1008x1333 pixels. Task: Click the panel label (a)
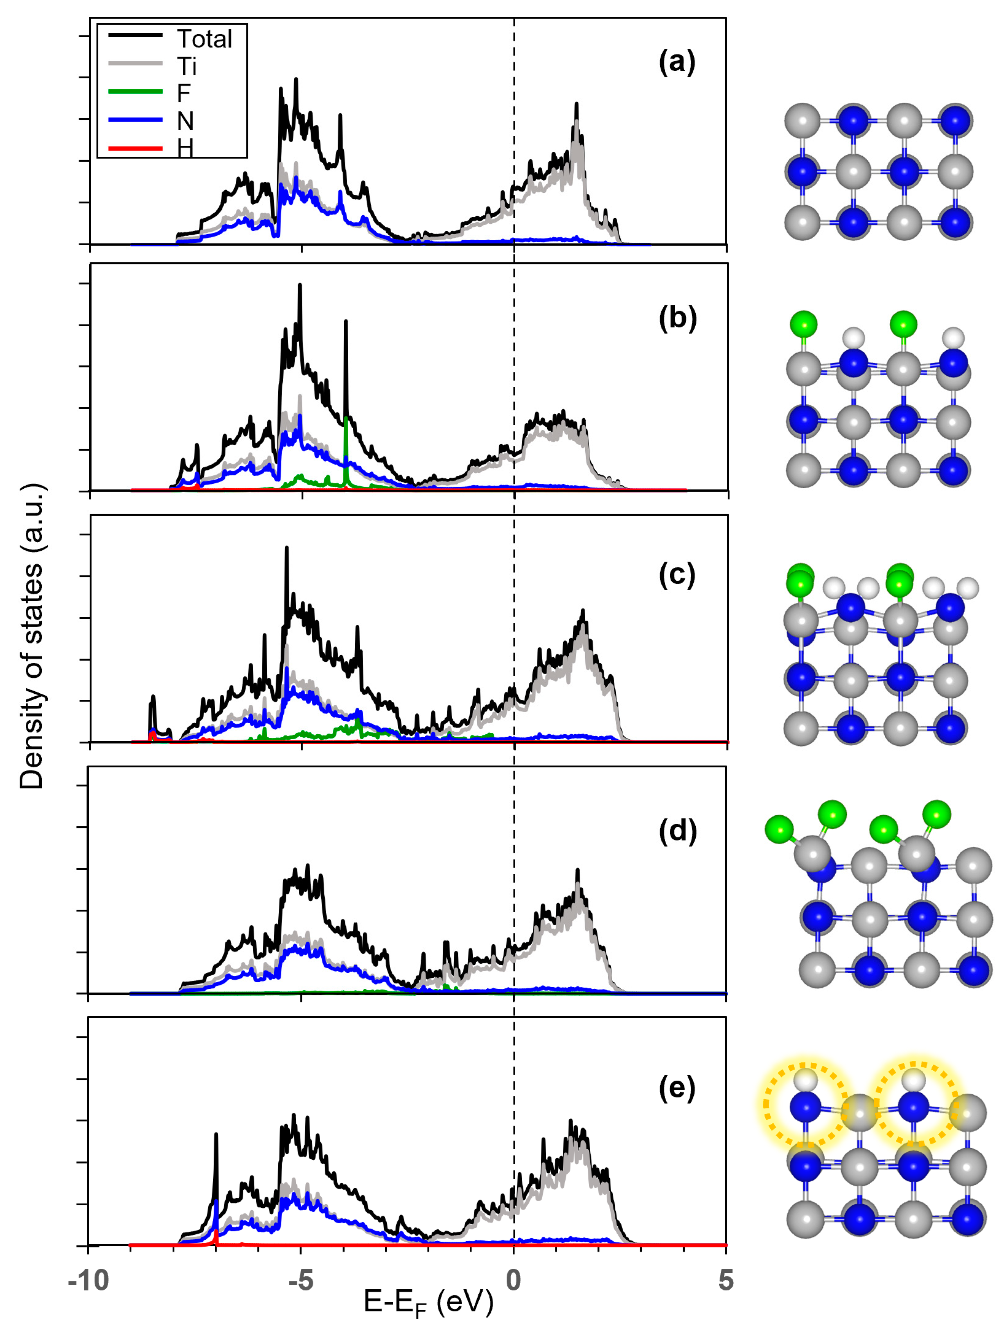(677, 62)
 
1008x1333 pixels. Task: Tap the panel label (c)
(677, 575)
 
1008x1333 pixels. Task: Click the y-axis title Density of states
(32, 636)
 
